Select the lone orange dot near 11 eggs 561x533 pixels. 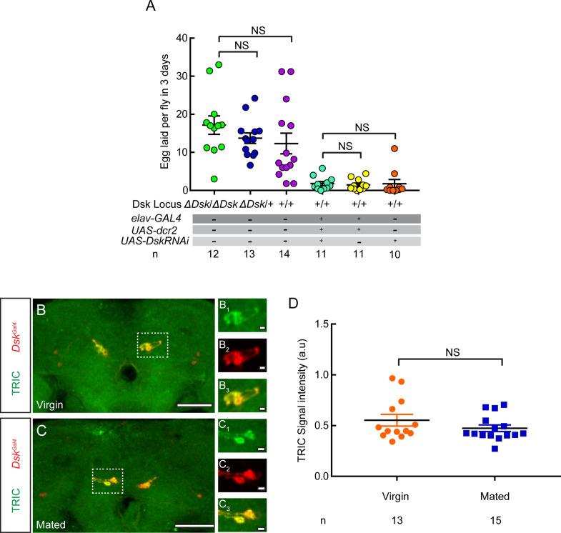(x=394, y=149)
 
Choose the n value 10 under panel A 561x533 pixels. (x=393, y=255)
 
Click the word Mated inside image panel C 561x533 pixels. (x=54, y=524)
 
